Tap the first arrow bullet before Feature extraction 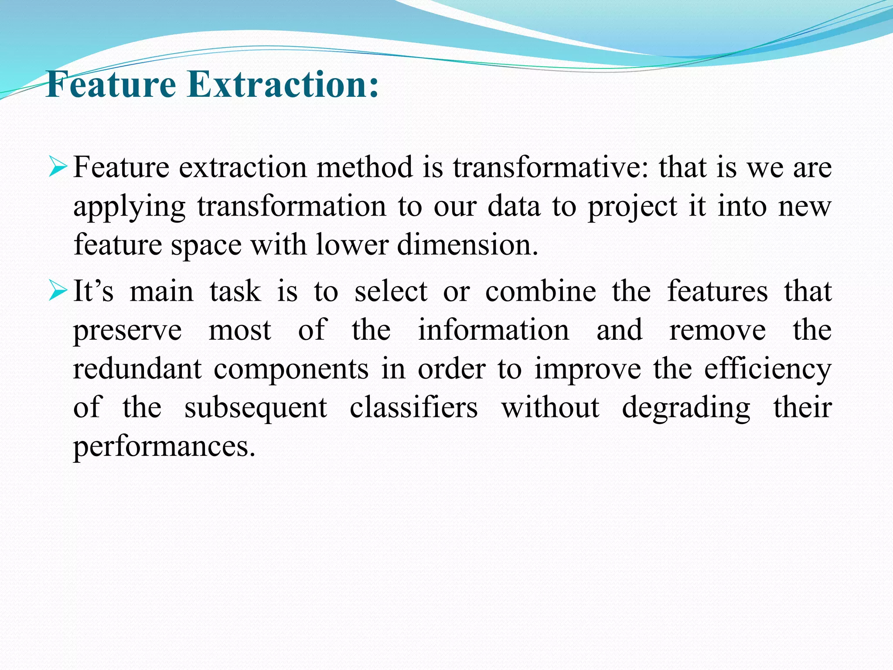click(x=58, y=167)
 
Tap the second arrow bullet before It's click(x=58, y=291)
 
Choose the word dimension click(x=467, y=244)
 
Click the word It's click(x=93, y=291)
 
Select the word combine click(x=541, y=291)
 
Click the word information click(x=494, y=330)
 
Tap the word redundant click(x=137, y=369)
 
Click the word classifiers click(x=413, y=407)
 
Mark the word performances click(x=164, y=447)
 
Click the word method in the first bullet click(x=365, y=167)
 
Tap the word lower click(x=352, y=244)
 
